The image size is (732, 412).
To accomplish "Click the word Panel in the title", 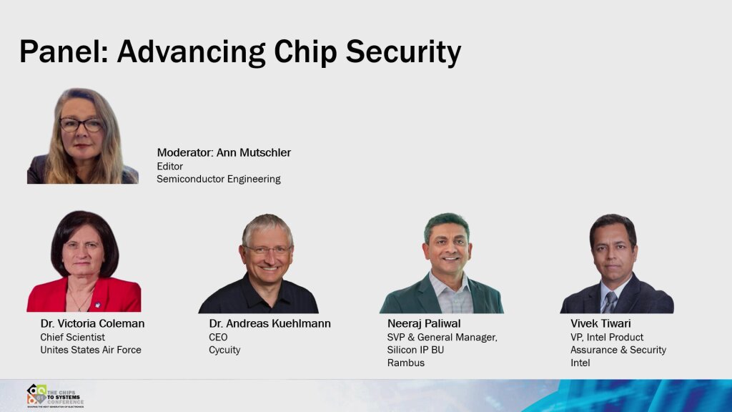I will point(61,52).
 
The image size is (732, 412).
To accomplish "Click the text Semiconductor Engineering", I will point(218,179).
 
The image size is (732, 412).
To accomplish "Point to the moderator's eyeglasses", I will point(81,124).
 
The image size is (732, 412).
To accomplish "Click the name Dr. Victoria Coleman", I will point(92,323).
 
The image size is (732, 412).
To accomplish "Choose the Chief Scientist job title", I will point(72,337).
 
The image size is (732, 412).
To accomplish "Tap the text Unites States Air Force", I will point(90,350).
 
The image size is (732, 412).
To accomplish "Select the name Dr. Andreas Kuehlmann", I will point(269,323).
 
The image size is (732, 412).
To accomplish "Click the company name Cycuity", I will point(224,350).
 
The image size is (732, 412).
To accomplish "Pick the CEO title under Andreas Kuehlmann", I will point(218,337).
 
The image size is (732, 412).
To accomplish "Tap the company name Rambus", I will point(405,363).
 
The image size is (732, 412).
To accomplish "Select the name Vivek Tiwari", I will point(600,323).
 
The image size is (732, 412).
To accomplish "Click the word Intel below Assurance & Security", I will point(580,363).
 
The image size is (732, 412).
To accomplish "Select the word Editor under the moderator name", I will point(169,166).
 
